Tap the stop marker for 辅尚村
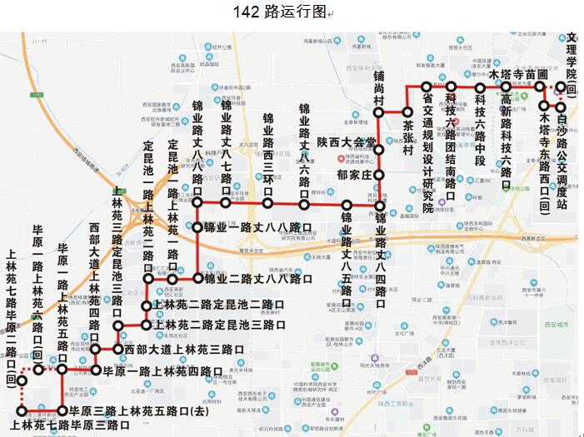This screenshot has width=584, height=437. [x=378, y=111]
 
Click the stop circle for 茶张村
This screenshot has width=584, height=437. [x=407, y=112]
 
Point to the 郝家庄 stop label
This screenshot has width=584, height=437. [x=353, y=176]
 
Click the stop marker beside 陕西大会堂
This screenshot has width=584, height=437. [x=378, y=150]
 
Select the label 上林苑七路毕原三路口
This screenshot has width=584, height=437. [x=71, y=426]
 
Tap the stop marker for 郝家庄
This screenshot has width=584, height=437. [x=378, y=176]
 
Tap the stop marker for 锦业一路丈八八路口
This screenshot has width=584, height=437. [x=197, y=226]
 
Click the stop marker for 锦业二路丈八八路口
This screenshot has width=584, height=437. [x=197, y=278]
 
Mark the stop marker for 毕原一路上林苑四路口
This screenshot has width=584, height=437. [x=96, y=370]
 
